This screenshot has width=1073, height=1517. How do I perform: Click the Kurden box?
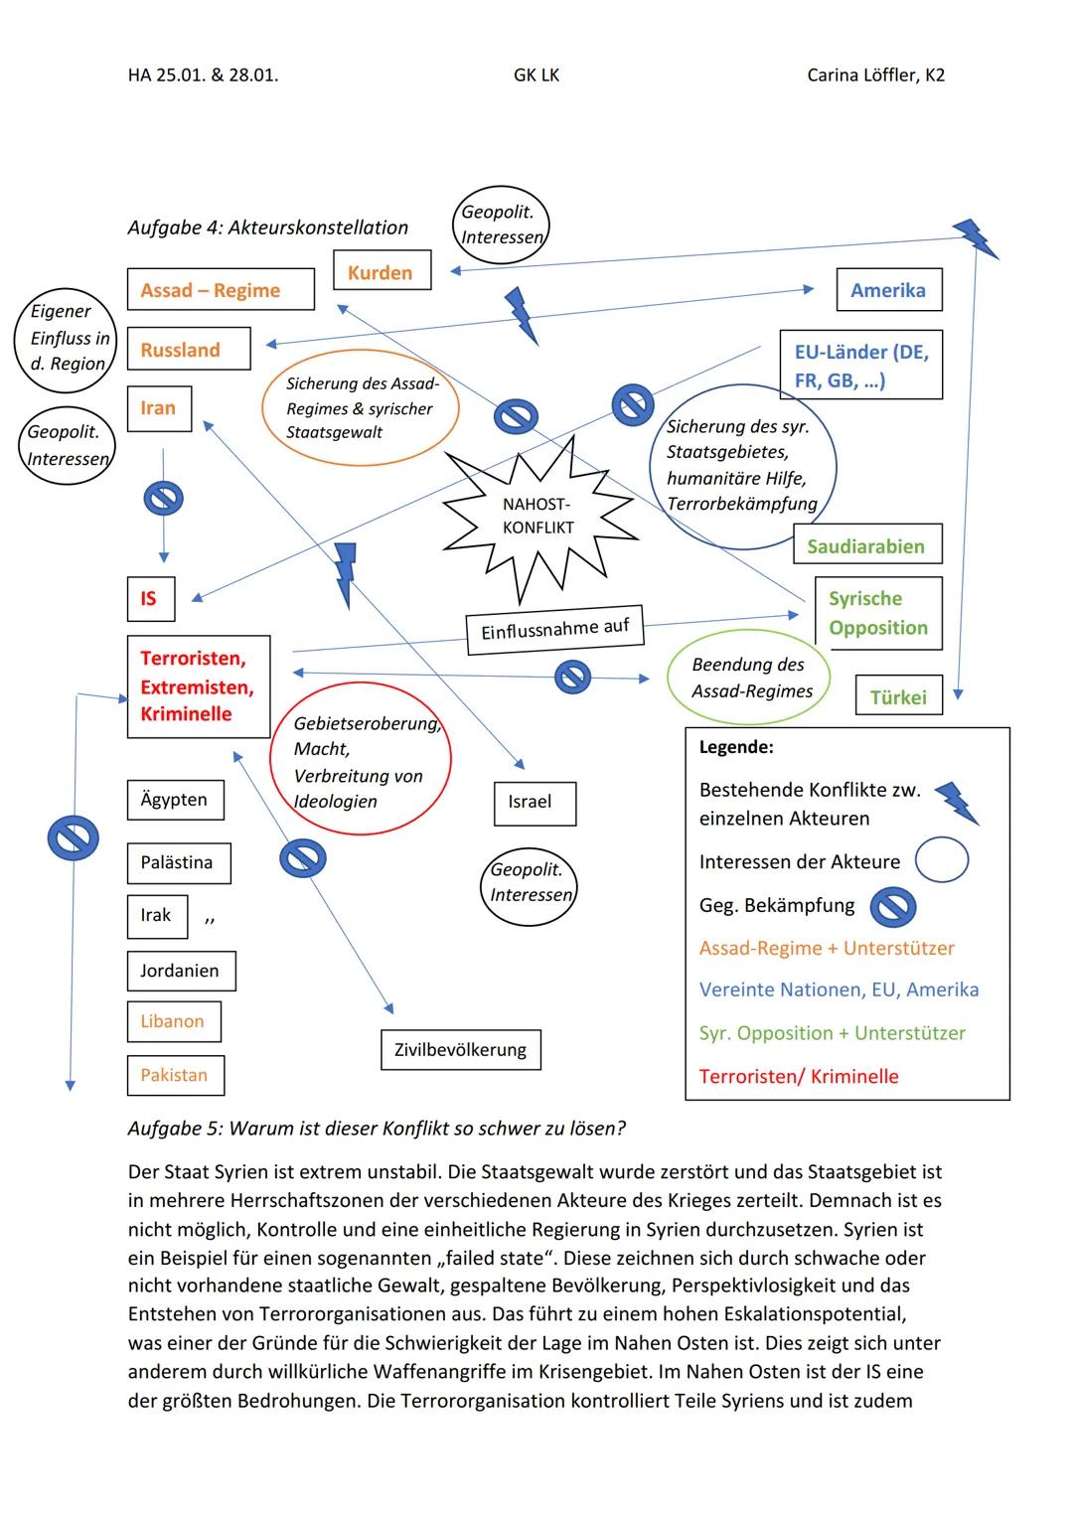coord(382,270)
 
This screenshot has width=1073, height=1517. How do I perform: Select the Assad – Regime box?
coord(221,289)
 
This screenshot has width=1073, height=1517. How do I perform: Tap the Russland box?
coord(189,350)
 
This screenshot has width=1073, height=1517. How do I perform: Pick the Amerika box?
coord(888,290)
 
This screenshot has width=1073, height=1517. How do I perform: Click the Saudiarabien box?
coord(866,545)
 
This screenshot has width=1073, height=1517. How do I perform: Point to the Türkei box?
coord(898,696)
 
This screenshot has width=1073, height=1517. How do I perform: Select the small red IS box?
coord(150,598)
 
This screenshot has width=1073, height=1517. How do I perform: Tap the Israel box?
coord(535,803)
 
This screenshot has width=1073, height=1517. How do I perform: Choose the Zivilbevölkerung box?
coord(460,1049)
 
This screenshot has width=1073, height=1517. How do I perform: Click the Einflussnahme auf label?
coord(554,629)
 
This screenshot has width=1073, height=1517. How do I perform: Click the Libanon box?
coord(173,1021)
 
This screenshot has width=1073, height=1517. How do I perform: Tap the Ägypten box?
coord(175,800)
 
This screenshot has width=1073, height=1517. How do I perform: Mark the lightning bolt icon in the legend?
coord(958,803)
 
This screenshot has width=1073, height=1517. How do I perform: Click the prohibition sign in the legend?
coord(892,906)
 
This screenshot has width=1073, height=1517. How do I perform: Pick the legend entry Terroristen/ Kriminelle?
coord(799,1076)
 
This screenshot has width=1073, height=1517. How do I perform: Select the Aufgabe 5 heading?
coord(377,1129)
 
